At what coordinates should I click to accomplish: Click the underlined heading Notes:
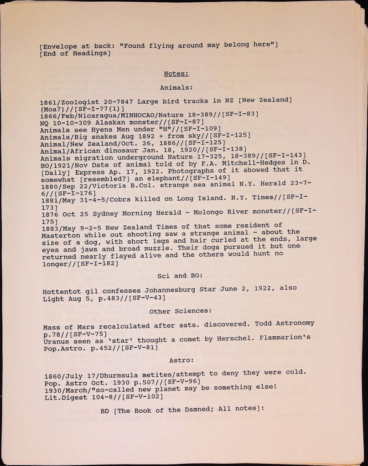(x=176, y=74)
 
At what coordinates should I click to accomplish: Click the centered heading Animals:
(x=176, y=87)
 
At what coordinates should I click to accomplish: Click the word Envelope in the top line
(x=58, y=46)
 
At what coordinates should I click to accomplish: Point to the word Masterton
(x=59, y=236)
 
